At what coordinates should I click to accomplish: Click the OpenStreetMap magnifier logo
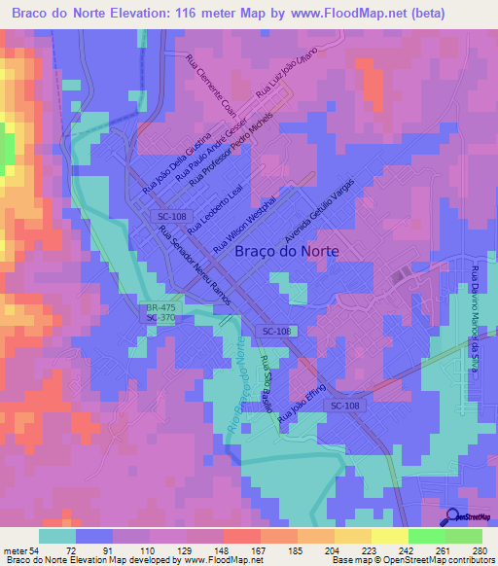pyautogui.click(x=452, y=518)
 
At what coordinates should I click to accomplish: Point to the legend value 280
pyautogui.click(x=477, y=549)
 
